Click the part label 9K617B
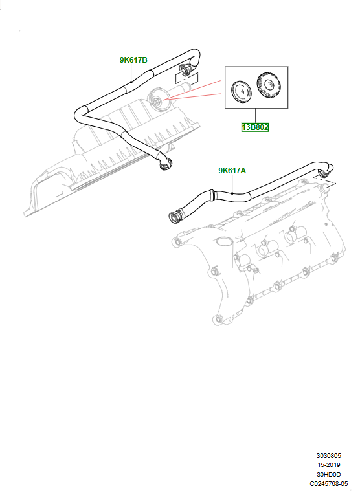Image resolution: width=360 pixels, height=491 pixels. click(133, 60)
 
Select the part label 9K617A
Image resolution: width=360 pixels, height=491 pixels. click(232, 171)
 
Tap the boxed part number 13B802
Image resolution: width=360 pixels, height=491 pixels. click(254, 127)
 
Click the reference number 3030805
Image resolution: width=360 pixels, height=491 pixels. click(328, 455)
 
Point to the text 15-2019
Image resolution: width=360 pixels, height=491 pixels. click(328, 465)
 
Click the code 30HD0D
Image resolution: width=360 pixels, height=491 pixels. click(328, 474)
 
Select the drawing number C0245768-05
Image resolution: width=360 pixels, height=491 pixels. click(328, 484)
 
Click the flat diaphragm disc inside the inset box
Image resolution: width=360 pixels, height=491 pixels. click(241, 91)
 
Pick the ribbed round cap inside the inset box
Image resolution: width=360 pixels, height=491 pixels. click(269, 85)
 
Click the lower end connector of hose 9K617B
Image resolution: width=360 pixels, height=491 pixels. click(165, 164)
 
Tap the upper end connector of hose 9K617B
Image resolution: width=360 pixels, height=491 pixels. click(185, 69)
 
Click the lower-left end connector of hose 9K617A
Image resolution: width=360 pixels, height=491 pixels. click(175, 217)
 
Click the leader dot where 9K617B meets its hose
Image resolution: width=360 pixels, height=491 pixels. click(131, 82)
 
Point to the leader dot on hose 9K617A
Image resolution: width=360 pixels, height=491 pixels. click(232, 193)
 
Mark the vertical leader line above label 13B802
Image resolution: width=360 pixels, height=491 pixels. click(255, 116)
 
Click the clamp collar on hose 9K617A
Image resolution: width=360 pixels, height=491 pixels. click(212, 194)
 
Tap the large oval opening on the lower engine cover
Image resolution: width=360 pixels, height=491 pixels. click(223, 241)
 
